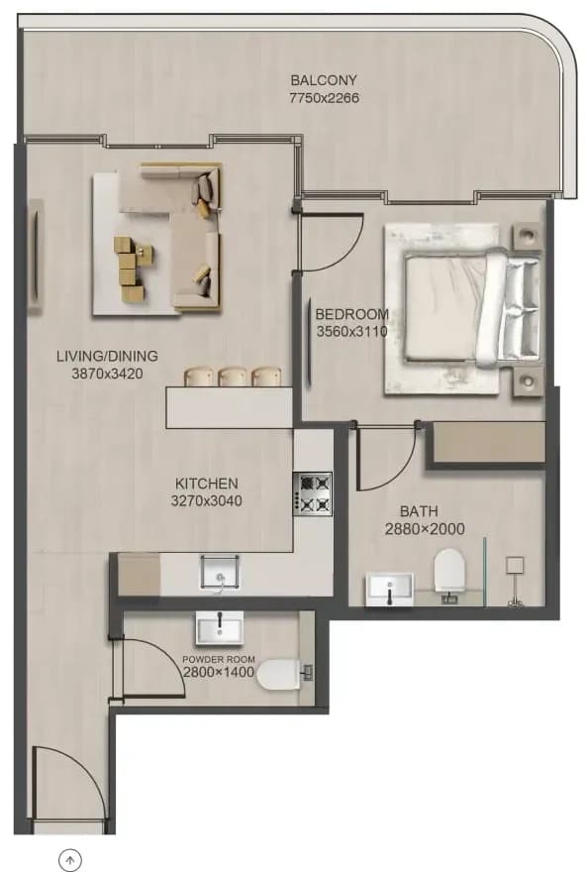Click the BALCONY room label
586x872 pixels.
pos(324,80)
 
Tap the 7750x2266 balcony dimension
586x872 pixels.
pos(324,98)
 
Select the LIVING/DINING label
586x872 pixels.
pos(107,356)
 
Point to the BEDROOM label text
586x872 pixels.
pos(351,314)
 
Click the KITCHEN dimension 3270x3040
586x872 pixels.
pos(206,501)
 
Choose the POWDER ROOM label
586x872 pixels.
pos(219,659)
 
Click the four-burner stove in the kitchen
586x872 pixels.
pos(313,493)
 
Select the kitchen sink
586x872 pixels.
pos(220,573)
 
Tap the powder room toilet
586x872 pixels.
pos(283,674)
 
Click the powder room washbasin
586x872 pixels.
pos(220,628)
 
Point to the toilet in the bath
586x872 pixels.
pos(448,573)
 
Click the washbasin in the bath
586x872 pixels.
pos(389,590)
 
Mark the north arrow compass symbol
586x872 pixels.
pos(70,860)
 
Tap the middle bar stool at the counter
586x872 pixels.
pos(233,377)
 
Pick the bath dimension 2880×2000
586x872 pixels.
pos(425,529)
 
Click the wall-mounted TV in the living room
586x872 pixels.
pos(36,257)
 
